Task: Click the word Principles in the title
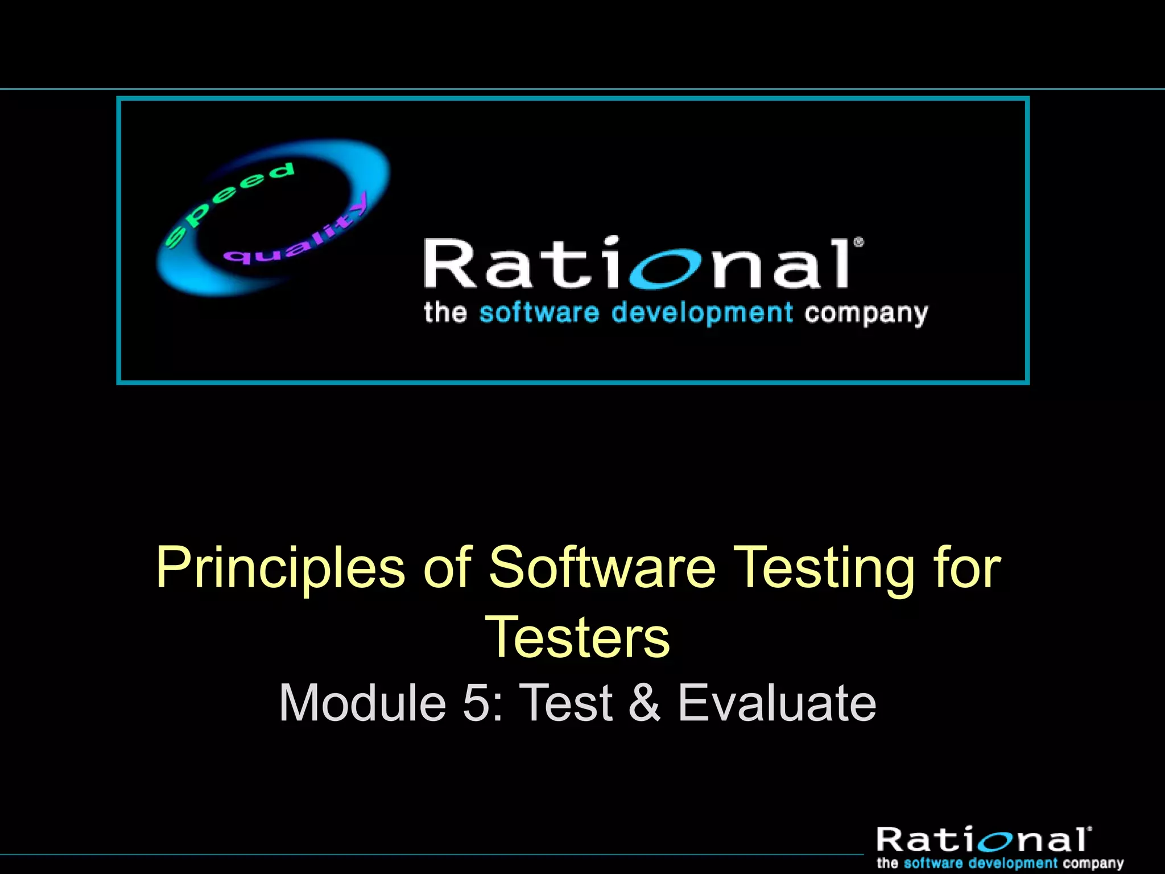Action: click(x=280, y=568)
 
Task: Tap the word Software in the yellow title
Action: click(x=602, y=567)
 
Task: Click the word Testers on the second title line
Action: click(x=577, y=637)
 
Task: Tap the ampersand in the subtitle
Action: click(x=645, y=703)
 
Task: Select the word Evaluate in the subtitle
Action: click(x=777, y=703)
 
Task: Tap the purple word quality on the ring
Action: click(x=296, y=236)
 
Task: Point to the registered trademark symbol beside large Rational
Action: click(x=858, y=242)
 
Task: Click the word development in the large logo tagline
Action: click(x=702, y=313)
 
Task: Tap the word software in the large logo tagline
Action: click(x=539, y=313)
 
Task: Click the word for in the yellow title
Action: click(x=966, y=568)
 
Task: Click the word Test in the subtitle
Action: click(x=567, y=703)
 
